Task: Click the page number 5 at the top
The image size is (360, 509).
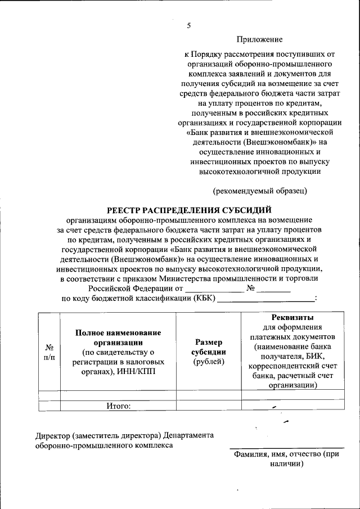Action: point(189,25)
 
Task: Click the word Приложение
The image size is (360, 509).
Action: point(259,39)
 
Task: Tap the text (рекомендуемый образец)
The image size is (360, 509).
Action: point(259,191)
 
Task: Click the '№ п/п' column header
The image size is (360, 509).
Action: point(49,352)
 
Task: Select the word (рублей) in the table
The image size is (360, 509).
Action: point(209,362)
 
